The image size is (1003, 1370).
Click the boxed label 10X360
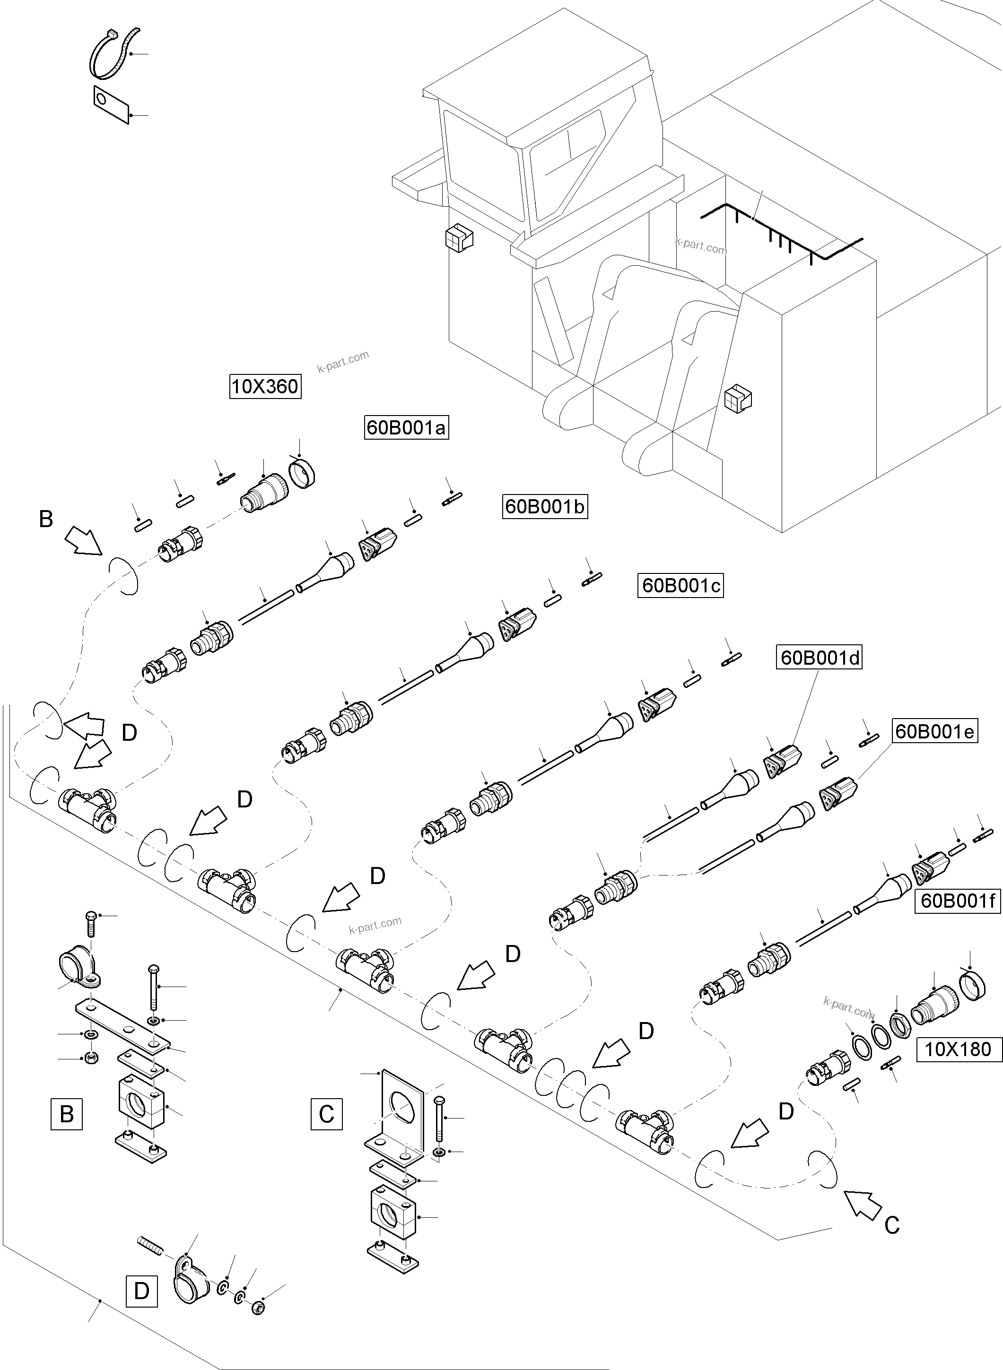(x=265, y=387)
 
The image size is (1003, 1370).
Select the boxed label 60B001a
(x=406, y=428)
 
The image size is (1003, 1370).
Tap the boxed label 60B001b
(x=545, y=506)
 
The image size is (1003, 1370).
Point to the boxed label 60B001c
(x=680, y=586)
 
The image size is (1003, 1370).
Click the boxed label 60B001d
(x=820, y=658)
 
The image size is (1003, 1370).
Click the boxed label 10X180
(x=958, y=1049)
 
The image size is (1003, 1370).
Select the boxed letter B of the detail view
(x=67, y=1114)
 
